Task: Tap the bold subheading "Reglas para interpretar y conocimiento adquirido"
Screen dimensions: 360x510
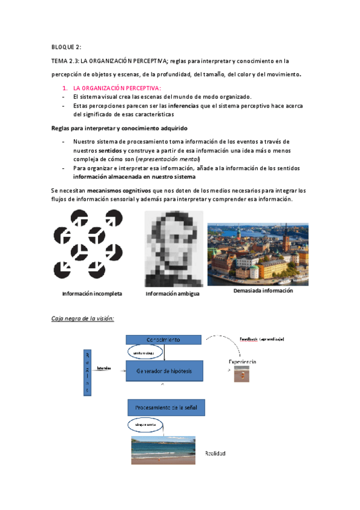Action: tap(119, 128)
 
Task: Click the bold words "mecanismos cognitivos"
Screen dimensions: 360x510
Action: tap(118, 190)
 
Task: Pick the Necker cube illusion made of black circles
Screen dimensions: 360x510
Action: tap(88, 247)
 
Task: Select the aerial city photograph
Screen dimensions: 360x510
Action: tap(258, 254)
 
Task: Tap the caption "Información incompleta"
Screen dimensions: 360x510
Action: tap(92, 294)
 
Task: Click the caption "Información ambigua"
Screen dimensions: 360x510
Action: tap(172, 294)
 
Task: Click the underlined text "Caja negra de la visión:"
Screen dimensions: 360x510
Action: tap(82, 318)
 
